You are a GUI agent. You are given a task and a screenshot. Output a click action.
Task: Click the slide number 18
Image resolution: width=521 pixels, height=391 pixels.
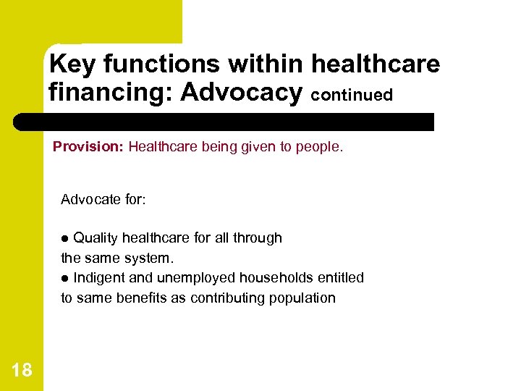22,371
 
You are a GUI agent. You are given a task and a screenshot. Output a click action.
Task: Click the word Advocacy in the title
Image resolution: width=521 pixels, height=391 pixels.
241,92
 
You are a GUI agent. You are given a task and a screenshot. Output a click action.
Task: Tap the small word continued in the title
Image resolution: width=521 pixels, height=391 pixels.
352,95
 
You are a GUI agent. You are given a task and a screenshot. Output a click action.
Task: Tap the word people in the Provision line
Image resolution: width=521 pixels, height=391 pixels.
322,147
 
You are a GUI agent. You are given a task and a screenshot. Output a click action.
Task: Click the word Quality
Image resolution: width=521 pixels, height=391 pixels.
96,237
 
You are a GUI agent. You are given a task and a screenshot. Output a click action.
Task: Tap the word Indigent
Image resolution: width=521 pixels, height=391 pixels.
100,278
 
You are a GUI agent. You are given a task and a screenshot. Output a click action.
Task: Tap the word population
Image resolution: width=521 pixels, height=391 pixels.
303,298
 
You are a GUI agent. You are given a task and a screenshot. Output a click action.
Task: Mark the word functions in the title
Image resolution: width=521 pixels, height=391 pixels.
164,64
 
